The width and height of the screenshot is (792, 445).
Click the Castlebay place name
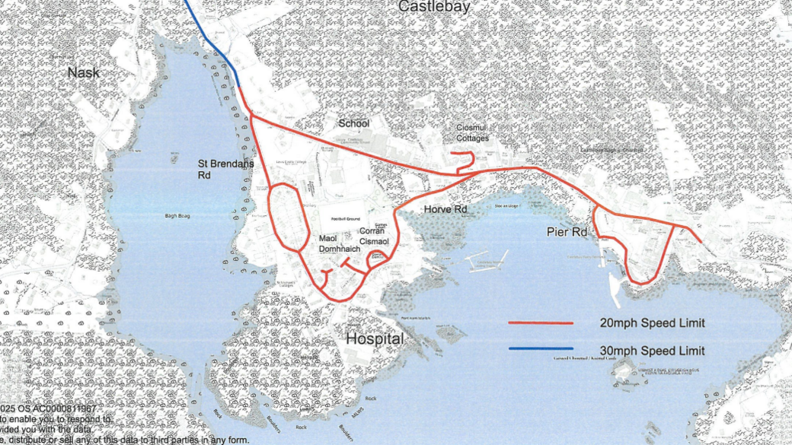434,7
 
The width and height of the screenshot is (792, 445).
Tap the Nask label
84,73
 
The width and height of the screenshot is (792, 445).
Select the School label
354,123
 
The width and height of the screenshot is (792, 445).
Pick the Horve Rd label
445,209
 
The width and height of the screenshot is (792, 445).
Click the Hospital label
375,340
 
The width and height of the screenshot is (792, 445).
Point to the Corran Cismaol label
374,236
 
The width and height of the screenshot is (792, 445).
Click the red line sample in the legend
541,323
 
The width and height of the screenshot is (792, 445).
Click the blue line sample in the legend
541,350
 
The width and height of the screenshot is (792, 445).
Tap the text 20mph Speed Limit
652,323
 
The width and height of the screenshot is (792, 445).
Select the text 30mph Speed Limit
652,351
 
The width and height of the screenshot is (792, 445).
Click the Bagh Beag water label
176,216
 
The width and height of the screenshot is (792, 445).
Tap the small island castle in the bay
623,372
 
